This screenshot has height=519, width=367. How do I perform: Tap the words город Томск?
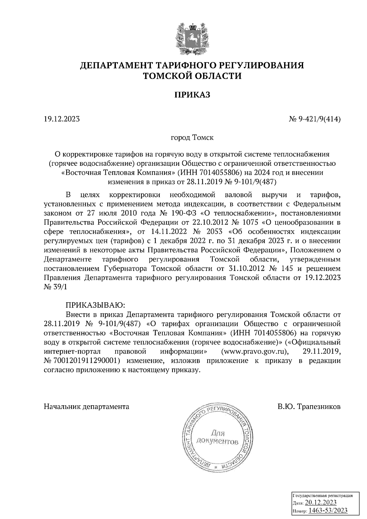pyautogui.click(x=192, y=137)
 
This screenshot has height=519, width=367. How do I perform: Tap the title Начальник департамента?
pyautogui.click(x=87, y=407)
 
